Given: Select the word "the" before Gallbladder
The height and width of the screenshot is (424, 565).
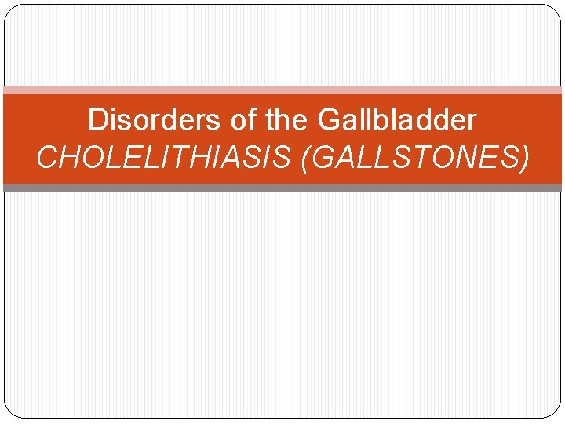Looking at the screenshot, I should pos(286,121).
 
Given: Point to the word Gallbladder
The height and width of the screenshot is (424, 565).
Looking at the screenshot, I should pos(397,121).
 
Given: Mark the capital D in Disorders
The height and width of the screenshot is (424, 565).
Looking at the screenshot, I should pos(97,121).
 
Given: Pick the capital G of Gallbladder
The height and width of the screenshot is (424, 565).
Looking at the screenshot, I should pos(330,121).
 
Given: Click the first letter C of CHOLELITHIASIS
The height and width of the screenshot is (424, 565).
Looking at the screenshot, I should pos(47,158).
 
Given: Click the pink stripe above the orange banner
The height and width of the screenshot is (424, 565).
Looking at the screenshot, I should pos(282,90).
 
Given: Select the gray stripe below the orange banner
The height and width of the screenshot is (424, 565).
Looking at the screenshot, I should pos(282,188).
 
